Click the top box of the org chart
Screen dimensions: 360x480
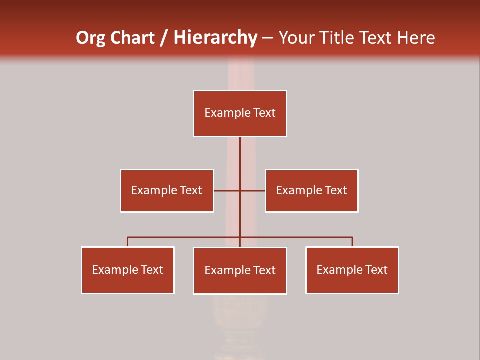tap(240, 113)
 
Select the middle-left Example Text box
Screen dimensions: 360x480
tap(167, 190)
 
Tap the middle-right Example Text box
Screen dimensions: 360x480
tap(311, 190)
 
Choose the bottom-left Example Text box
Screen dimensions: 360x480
tap(128, 270)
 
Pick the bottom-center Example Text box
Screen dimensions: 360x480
tap(240, 270)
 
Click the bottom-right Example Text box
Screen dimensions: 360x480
tap(352, 270)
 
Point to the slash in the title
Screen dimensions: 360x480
tap(164, 38)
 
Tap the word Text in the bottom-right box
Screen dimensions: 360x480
tap(376, 270)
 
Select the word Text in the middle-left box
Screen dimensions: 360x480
tap(190, 190)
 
